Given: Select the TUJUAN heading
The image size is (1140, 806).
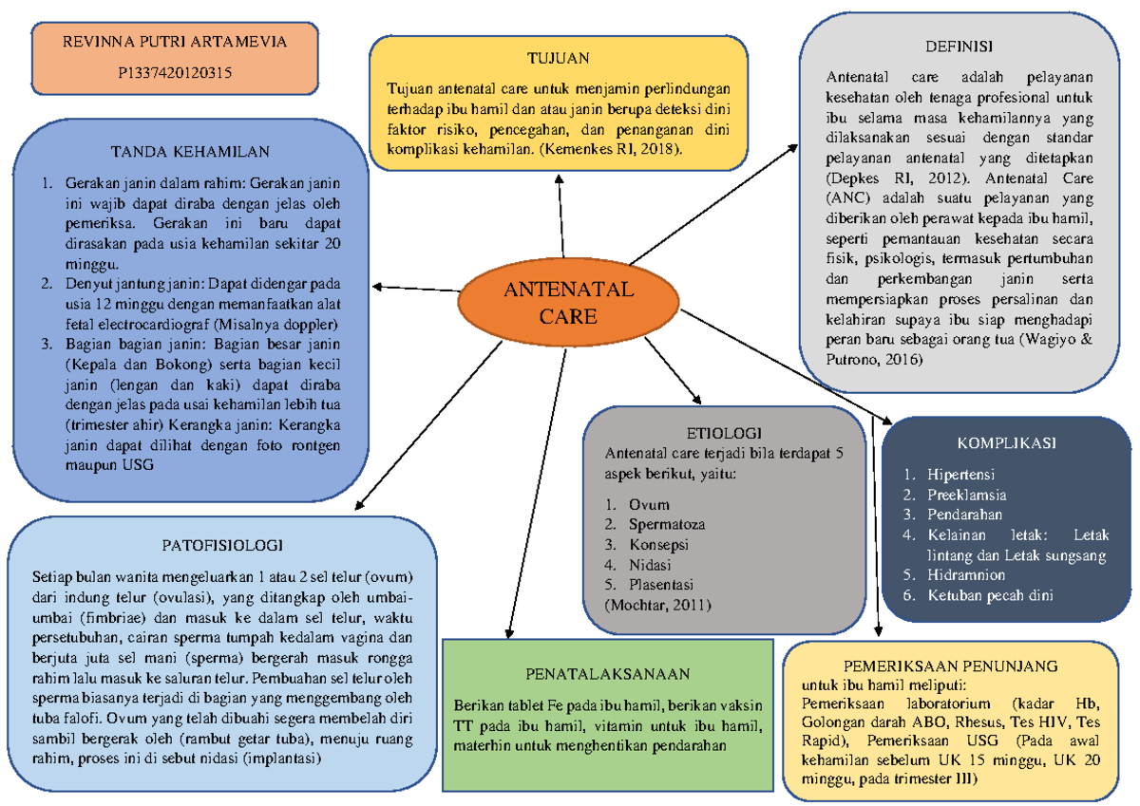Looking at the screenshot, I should [559, 57].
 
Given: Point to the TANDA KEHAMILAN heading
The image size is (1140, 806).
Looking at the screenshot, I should [190, 151].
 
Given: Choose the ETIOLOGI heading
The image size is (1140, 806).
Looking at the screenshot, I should [724, 433].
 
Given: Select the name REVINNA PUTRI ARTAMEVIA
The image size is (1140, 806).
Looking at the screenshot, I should [174, 42].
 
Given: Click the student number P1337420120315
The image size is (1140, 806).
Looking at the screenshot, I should [174, 71].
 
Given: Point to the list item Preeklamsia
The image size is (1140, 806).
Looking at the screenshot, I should [967, 495].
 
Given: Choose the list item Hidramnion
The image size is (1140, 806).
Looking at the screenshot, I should [967, 574].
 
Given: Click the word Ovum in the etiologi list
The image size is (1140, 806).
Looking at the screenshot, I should [649, 504].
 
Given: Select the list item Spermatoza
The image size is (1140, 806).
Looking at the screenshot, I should [666, 524].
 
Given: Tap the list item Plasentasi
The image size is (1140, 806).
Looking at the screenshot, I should [661, 584].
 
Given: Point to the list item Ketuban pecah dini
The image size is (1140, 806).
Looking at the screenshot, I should [991, 595].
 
